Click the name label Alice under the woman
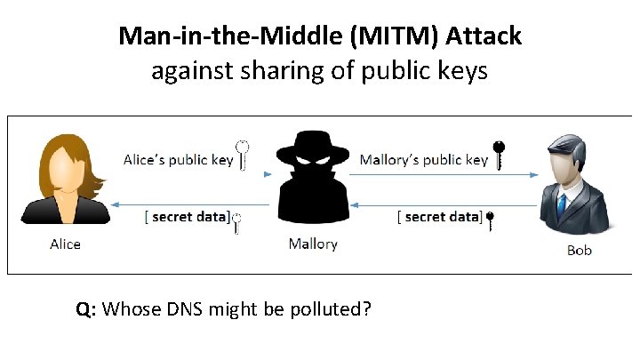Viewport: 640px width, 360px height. point(65,244)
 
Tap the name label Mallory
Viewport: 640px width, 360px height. point(312,243)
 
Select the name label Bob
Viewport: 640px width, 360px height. point(579,251)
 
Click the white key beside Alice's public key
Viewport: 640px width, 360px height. point(242,154)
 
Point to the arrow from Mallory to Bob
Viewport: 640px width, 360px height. point(444,175)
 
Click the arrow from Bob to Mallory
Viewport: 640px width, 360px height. point(444,204)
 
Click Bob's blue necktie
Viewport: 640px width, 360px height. point(561,205)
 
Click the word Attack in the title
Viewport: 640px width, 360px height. point(484,36)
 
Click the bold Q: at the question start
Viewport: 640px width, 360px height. point(86,309)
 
